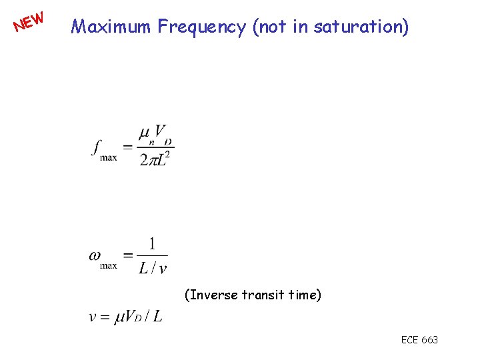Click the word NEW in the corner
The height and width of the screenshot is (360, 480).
pos(29,21)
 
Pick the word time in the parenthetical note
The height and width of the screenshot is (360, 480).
pos(303,294)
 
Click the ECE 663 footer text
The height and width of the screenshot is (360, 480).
pos(419,340)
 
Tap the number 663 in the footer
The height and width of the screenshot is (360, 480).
pos(430,340)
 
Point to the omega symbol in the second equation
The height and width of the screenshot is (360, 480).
pos(95,255)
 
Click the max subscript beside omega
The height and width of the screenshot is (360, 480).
pos(108,265)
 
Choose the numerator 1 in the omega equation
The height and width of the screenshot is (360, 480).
pos(152,245)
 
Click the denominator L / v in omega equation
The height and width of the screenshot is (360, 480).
pos(153,268)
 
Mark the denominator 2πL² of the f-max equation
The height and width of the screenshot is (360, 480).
pos(155,159)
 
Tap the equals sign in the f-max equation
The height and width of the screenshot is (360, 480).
pos(128,147)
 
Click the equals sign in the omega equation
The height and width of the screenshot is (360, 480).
pos(128,255)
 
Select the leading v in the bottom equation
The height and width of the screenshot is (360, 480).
pos(93,316)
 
